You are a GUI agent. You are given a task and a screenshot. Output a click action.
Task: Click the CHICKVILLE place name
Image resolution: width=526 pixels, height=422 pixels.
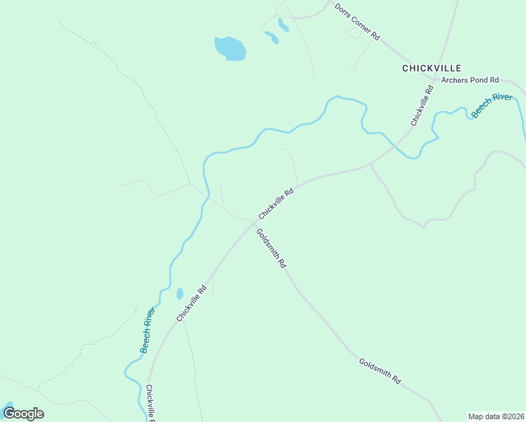431,68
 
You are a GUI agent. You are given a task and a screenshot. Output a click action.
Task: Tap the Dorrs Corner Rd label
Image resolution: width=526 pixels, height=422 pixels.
357,21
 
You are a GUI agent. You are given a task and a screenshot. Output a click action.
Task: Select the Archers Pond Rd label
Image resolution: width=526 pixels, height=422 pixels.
470,80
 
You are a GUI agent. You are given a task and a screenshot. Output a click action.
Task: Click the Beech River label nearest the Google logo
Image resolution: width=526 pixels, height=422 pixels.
147,331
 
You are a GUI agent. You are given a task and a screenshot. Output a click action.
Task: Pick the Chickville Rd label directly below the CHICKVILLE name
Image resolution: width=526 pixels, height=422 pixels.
421,105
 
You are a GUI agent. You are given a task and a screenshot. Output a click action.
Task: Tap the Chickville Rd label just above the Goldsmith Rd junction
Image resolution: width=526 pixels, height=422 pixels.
275,203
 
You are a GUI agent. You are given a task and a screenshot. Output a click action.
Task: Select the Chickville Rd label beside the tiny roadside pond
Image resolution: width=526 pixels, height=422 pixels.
191,303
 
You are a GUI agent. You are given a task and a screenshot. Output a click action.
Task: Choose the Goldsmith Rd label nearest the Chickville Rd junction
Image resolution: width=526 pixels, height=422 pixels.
271,248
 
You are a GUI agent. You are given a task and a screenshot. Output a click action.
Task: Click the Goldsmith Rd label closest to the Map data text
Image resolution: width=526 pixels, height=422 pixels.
380,371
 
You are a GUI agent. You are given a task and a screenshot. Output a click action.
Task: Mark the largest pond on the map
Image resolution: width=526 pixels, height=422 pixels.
230,49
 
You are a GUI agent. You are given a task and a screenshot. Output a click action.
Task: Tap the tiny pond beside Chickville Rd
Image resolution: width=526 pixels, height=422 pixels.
180,293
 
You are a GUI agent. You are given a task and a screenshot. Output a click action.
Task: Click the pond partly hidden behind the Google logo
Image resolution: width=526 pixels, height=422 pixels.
8,407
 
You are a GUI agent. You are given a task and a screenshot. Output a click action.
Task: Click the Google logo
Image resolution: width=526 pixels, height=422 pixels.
23,413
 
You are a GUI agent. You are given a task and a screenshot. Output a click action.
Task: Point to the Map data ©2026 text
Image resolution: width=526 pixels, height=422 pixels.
496,416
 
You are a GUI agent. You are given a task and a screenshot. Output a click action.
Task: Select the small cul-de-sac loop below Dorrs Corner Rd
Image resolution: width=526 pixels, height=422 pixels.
354,70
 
